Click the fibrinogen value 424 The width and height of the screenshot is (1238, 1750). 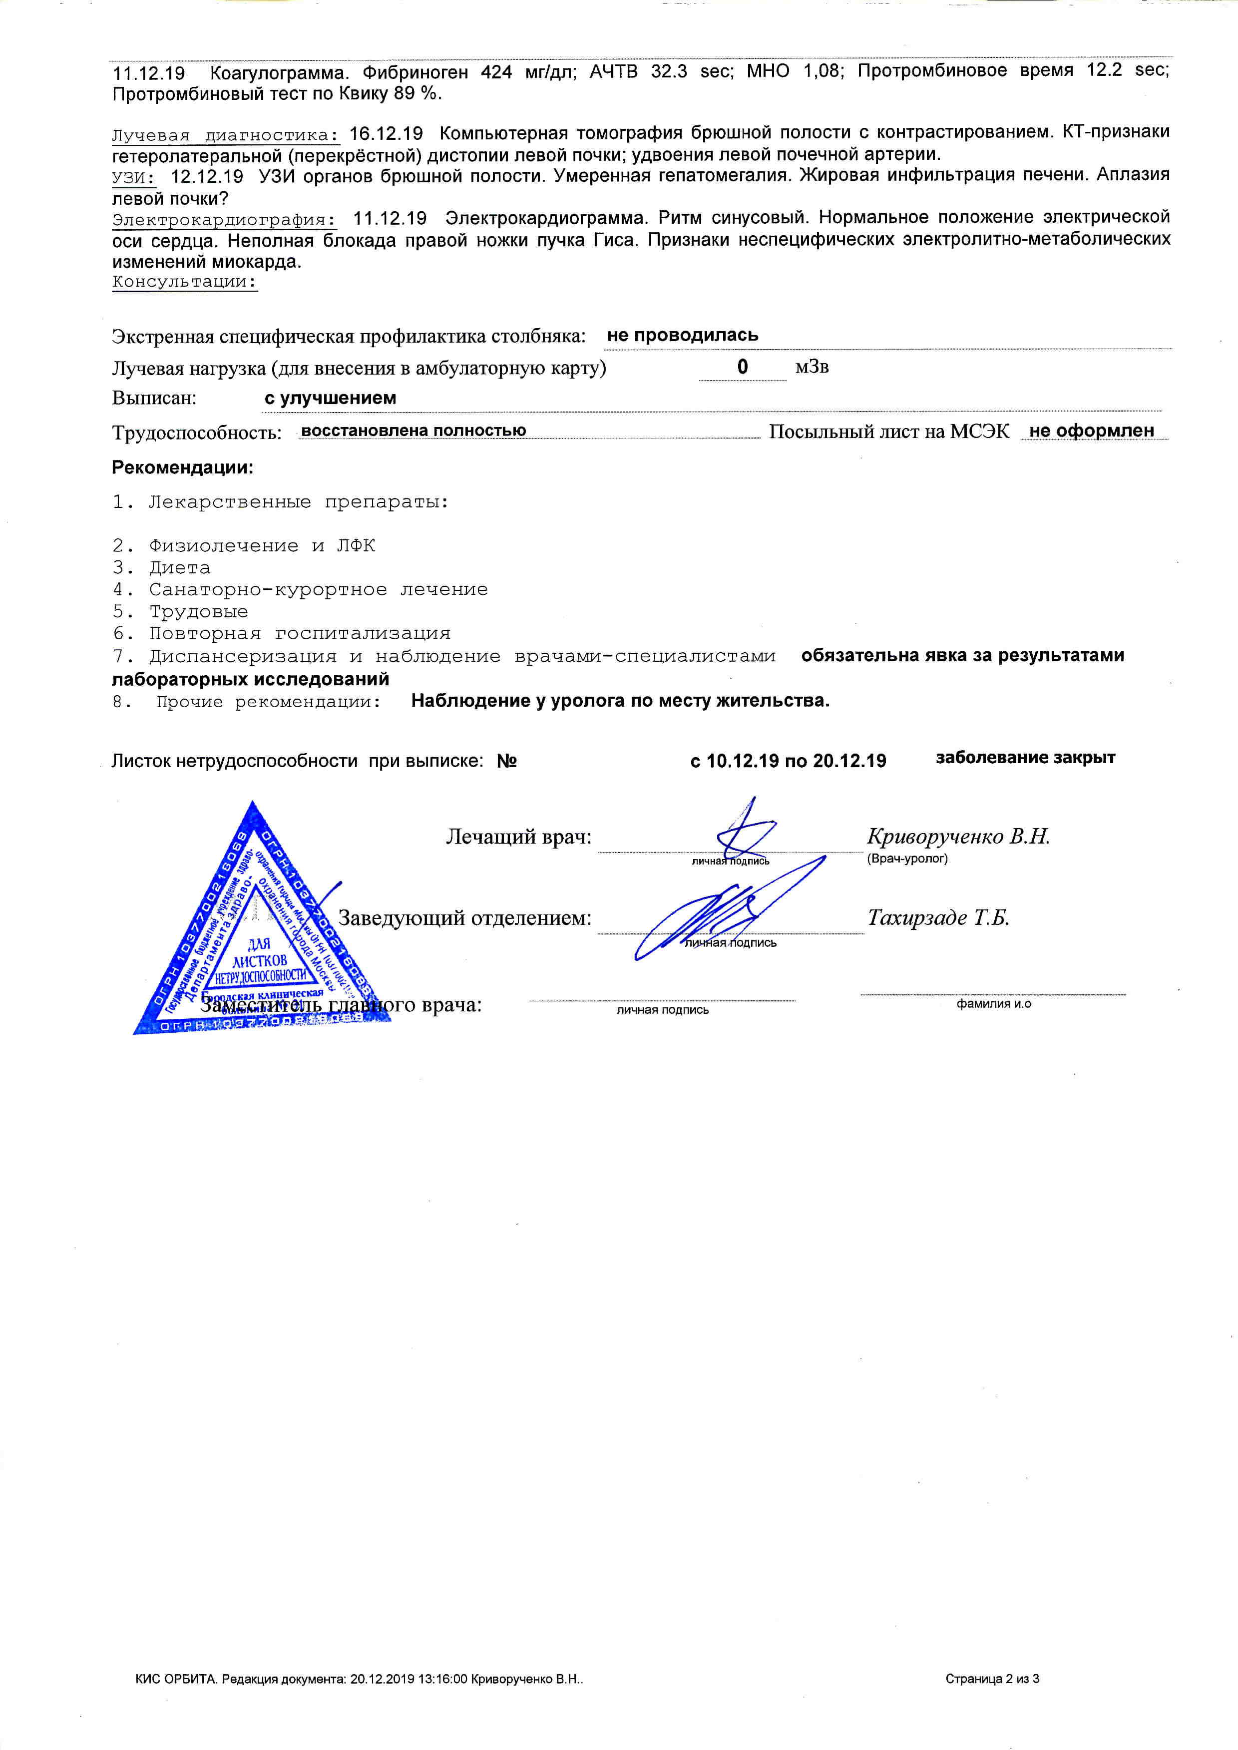[496, 71]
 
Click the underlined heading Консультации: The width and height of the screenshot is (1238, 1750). [184, 281]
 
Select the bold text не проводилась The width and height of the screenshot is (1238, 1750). [682, 335]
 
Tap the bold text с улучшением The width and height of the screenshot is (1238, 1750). [330, 398]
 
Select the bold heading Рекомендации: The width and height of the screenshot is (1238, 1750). [182, 467]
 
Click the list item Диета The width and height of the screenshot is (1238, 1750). [180, 568]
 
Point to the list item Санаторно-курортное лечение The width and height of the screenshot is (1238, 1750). [318, 590]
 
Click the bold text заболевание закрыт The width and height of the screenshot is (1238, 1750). [1025, 758]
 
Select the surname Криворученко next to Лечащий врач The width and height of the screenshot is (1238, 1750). [934, 837]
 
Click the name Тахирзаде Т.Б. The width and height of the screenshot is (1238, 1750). [938, 917]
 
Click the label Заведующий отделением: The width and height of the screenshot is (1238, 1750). [464, 918]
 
